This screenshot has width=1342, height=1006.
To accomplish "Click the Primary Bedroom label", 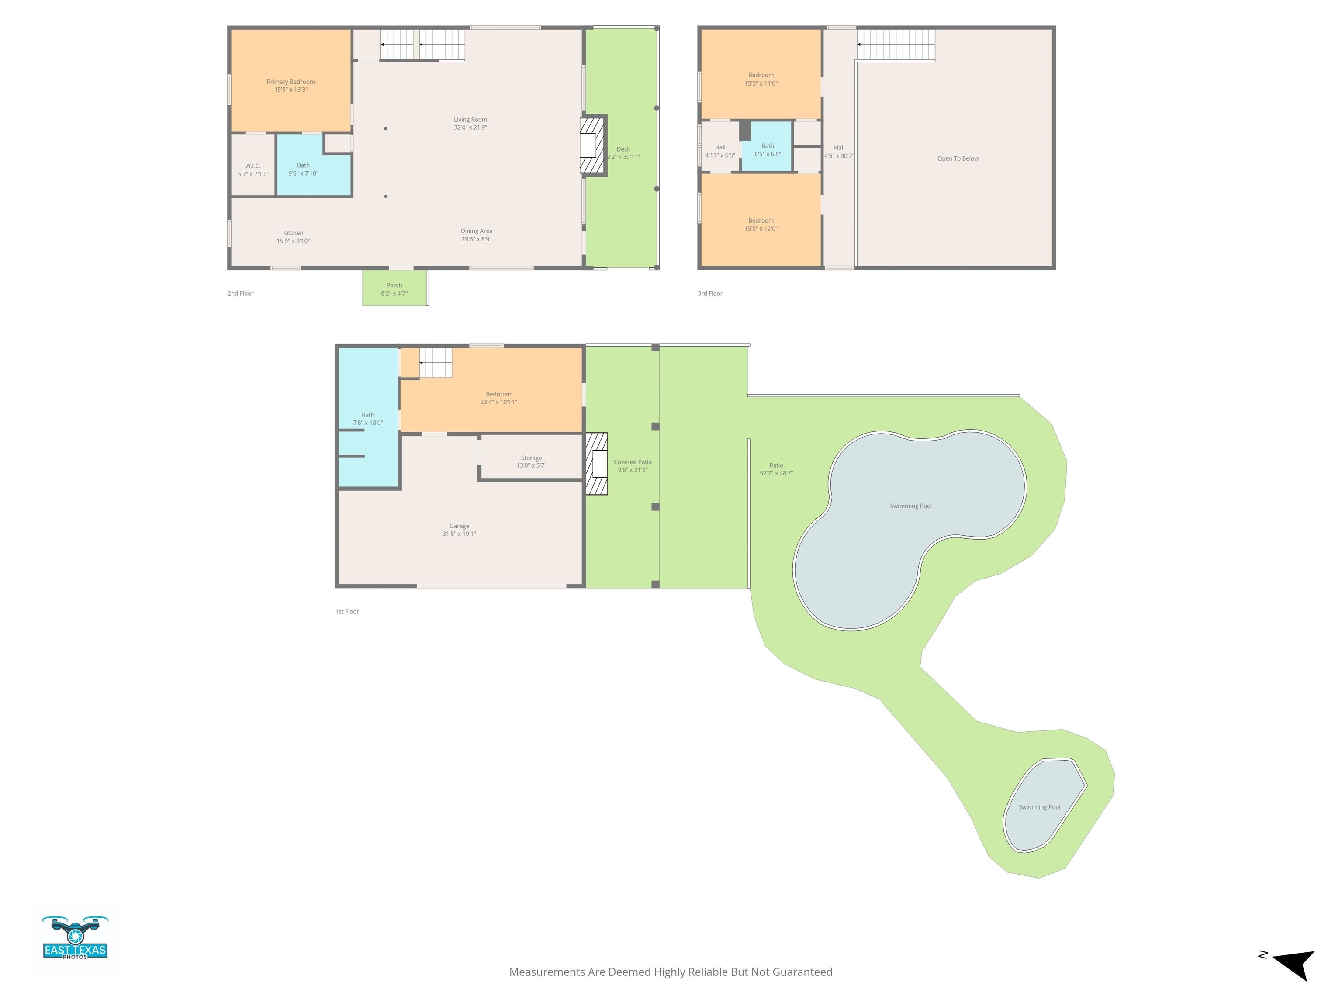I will tap(291, 82).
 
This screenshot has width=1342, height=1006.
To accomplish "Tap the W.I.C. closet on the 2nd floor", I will tap(252, 166).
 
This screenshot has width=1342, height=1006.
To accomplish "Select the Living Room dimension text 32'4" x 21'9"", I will tap(470, 128).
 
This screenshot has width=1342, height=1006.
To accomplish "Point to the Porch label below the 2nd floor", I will tap(394, 286).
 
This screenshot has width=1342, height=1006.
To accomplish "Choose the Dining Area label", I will tap(476, 231).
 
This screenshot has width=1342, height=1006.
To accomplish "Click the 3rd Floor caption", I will tap(710, 293).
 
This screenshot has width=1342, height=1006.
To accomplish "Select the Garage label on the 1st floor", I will tap(459, 526).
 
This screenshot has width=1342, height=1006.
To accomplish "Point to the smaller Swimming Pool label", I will tap(1039, 807).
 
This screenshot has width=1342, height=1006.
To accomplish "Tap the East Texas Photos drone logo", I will tap(75, 937).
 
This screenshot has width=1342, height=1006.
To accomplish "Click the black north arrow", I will tap(1295, 964).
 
